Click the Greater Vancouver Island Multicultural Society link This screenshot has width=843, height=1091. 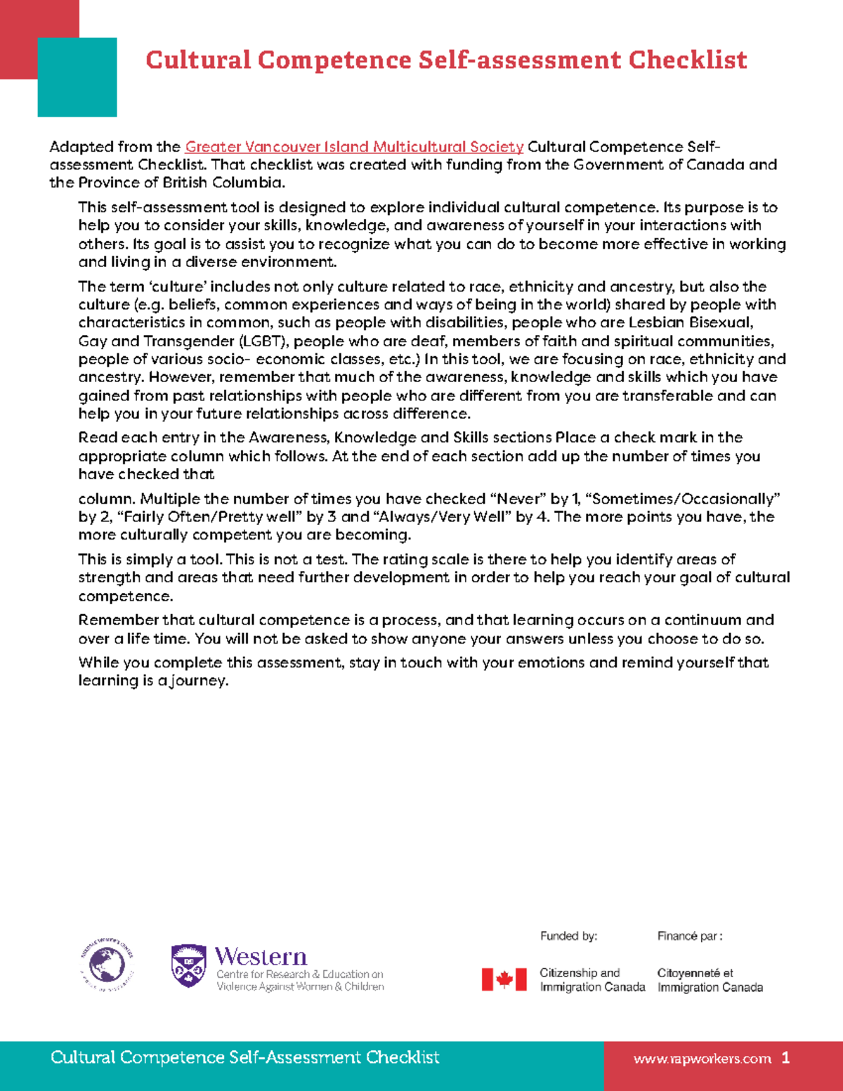pyautogui.click(x=354, y=147)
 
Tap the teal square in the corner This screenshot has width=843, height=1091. pyautogui.click(x=77, y=77)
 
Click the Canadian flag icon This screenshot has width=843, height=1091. pyautogui.click(x=504, y=979)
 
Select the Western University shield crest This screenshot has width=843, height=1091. pyautogui.click(x=188, y=966)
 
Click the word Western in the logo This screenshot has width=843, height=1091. pyautogui.click(x=261, y=957)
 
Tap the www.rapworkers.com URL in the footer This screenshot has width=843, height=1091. pyautogui.click(x=702, y=1059)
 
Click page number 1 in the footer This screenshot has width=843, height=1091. pyautogui.click(x=785, y=1058)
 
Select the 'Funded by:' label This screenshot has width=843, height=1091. pyautogui.click(x=568, y=936)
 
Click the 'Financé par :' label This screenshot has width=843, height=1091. pyautogui.click(x=690, y=936)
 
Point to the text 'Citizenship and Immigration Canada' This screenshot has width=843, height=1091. pyautogui.click(x=592, y=980)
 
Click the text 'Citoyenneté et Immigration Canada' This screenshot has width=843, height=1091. pyautogui.click(x=710, y=980)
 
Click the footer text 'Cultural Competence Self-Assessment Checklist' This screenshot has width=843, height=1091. pyautogui.click(x=244, y=1057)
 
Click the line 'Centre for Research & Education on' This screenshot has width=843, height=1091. pyautogui.click(x=300, y=974)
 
